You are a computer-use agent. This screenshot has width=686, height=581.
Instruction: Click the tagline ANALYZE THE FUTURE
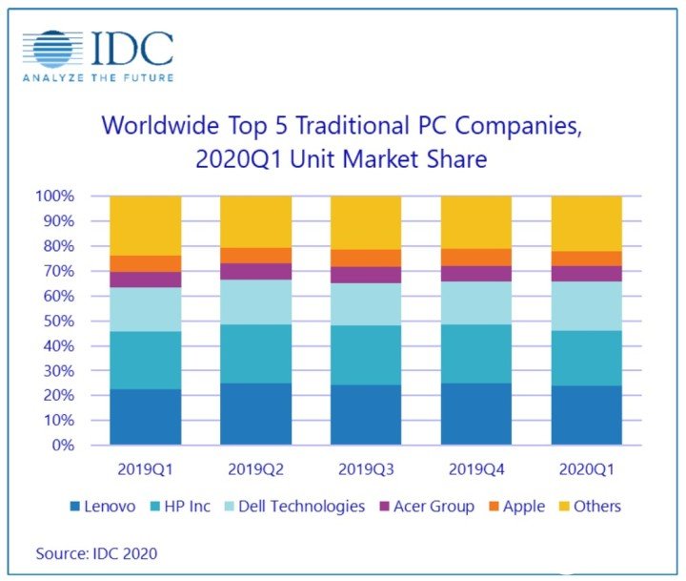coord(98,77)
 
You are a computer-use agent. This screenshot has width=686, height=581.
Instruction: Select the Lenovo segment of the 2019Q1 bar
coord(146,417)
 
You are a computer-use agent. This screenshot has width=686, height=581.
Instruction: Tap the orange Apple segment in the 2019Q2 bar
coord(255,256)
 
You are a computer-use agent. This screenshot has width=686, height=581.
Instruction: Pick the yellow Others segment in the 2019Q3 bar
coord(366,222)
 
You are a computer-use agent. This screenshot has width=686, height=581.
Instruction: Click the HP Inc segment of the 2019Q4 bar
coord(476,354)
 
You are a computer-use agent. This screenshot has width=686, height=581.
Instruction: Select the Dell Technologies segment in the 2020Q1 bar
coord(587,305)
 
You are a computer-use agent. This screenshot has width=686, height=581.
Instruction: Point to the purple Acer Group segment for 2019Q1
coord(146,280)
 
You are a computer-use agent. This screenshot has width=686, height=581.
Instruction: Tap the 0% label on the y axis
coord(63,446)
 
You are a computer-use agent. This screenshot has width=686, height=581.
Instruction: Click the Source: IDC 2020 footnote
coord(96,552)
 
